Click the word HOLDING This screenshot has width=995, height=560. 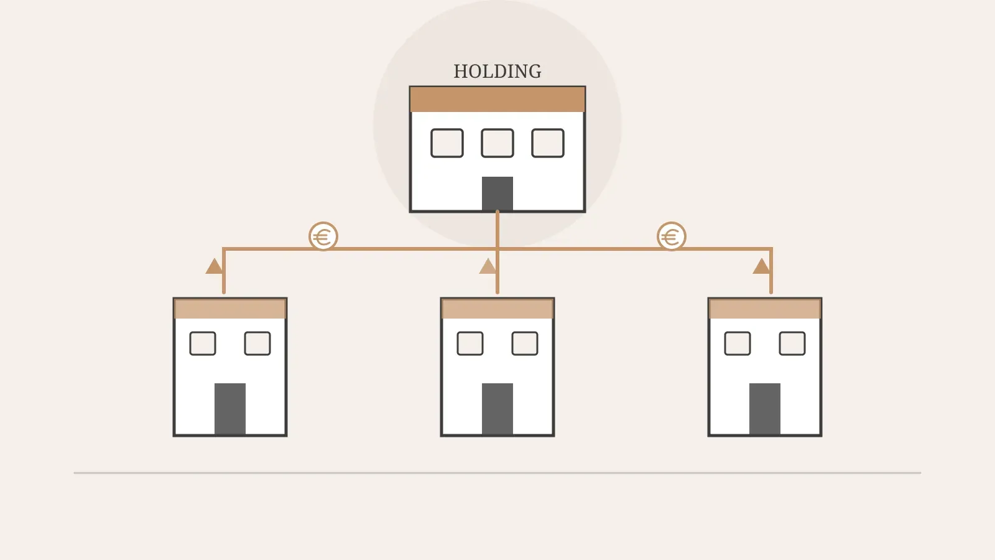pyautogui.click(x=497, y=72)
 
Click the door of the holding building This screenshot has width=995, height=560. pyautogui.click(x=497, y=194)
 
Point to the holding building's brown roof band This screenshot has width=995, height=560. pyautogui.click(x=497, y=99)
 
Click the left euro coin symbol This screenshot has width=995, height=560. pyautogui.click(x=323, y=236)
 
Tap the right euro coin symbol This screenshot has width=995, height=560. pyautogui.click(x=672, y=236)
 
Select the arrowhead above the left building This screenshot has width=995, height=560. pyautogui.click(x=214, y=266)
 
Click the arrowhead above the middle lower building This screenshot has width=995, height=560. pyautogui.click(x=488, y=266)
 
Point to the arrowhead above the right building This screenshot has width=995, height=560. pyautogui.click(x=761, y=266)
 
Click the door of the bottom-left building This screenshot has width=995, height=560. pyautogui.click(x=230, y=409)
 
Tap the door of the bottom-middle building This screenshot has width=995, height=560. pyautogui.click(x=497, y=409)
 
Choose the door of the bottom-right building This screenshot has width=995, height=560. pyautogui.click(x=765, y=409)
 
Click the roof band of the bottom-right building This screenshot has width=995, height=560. pyautogui.click(x=765, y=309)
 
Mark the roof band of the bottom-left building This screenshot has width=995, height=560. pyautogui.click(x=230, y=309)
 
